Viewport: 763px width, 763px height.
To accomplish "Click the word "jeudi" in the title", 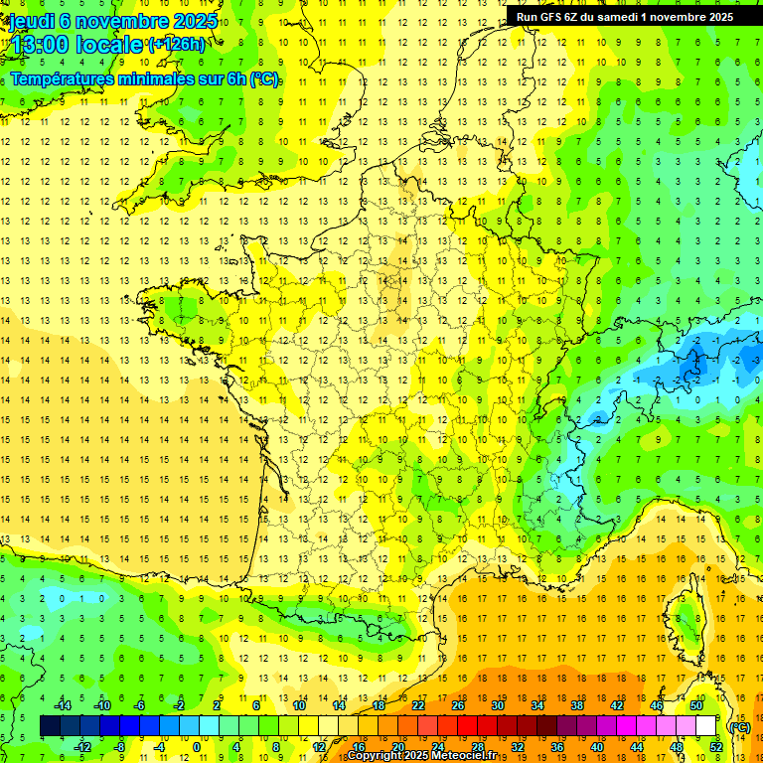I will (31, 20).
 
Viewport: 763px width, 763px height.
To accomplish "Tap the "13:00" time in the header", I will (39, 45).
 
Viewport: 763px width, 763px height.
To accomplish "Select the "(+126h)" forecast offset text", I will (177, 44).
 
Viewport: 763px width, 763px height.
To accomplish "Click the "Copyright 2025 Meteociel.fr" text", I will (422, 756).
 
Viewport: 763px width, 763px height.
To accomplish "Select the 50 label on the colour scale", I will (695, 705).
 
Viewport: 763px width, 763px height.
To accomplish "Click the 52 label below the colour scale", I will (715, 746).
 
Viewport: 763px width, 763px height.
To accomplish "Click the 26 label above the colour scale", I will (458, 705).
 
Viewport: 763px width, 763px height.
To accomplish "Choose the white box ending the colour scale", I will (705, 726).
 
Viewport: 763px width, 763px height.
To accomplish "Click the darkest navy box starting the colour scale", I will (50, 726).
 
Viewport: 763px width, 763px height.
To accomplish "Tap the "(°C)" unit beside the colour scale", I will (739, 727).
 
